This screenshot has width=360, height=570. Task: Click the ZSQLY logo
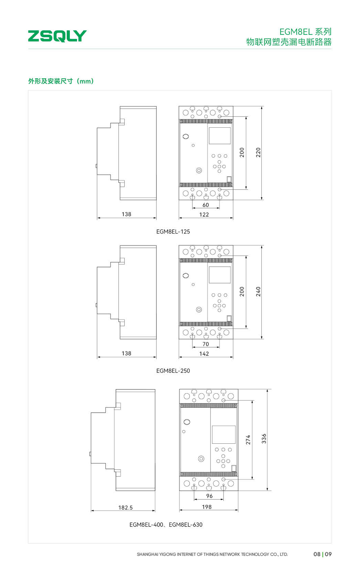(57, 36)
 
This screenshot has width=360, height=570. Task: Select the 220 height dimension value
(258, 153)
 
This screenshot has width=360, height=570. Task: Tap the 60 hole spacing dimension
(206, 205)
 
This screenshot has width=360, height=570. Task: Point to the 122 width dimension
(204, 214)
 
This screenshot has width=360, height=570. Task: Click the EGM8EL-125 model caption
(173, 232)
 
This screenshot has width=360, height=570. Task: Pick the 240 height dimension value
(258, 291)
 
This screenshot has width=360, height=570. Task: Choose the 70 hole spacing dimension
(206, 344)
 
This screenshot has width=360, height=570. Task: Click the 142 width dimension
(204, 354)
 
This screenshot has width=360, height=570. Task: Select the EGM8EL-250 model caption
(173, 371)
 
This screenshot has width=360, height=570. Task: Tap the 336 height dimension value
(264, 439)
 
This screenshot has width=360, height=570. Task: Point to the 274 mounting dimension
(248, 440)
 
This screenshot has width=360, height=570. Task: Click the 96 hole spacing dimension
(209, 496)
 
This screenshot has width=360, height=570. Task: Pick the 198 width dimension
(207, 507)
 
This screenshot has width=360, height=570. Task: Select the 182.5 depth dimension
(126, 508)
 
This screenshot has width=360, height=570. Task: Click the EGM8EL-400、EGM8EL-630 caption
(166, 525)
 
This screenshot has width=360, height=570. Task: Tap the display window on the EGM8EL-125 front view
(220, 136)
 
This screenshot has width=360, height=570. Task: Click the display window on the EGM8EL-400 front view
(224, 435)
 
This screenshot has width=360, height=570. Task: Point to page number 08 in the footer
(317, 554)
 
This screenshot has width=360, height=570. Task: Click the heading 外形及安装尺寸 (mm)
(61, 81)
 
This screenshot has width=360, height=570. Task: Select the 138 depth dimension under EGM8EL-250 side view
(126, 353)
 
